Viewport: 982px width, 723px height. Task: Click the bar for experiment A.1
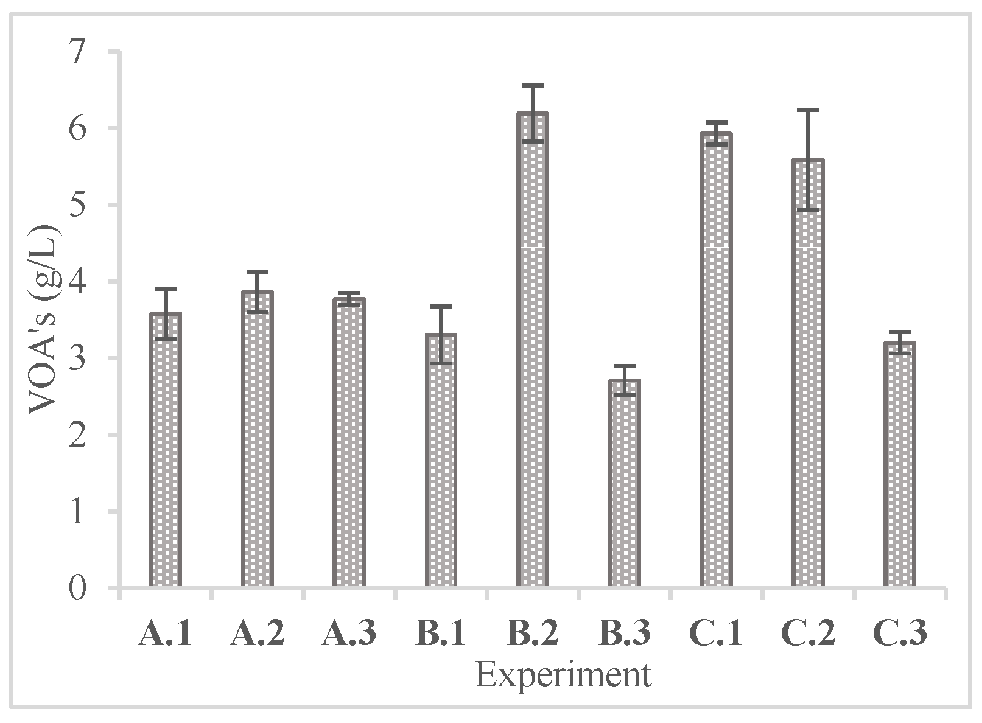(x=165, y=450)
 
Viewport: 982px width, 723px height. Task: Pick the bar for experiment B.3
(x=624, y=484)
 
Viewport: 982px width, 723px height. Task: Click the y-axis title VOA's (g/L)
(x=44, y=320)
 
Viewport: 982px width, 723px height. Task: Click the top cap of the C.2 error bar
(x=808, y=110)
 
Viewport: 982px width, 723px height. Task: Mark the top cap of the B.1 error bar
(x=440, y=306)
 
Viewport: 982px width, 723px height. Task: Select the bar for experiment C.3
(x=900, y=465)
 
